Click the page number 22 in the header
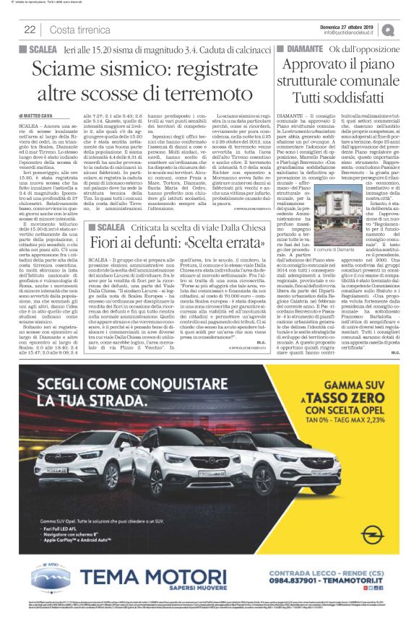[30, 30]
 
